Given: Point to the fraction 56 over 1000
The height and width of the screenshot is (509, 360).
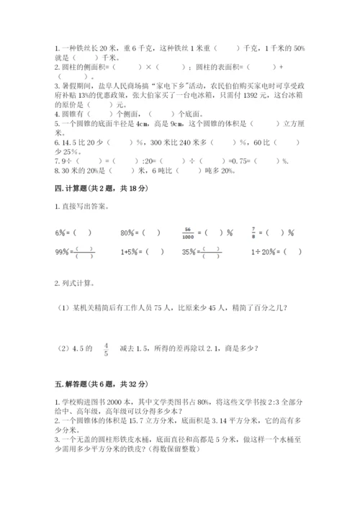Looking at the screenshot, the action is click(x=186, y=233).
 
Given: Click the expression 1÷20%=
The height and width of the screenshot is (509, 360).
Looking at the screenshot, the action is click(x=261, y=252).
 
